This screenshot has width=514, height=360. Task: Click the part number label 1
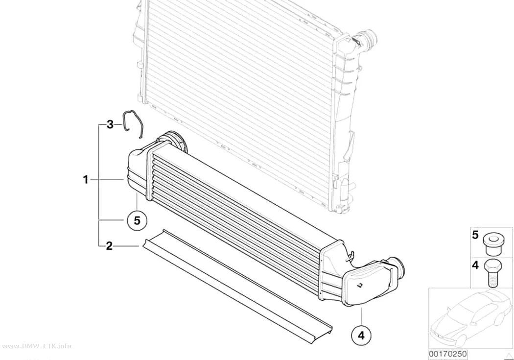[86, 180]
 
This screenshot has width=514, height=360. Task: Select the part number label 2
[109, 245]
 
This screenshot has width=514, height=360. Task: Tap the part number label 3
[110, 124]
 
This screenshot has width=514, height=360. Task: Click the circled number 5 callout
[137, 220]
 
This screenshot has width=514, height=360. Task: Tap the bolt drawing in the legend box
[491, 272]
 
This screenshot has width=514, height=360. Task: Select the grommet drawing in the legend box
[491, 244]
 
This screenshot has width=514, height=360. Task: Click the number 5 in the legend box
[475, 235]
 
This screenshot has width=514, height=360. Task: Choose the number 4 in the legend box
[475, 265]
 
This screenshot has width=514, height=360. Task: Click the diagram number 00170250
[448, 354]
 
